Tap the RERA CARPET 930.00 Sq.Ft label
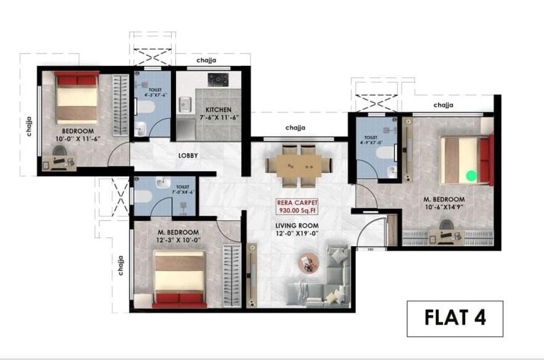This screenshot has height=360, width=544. point(296,207)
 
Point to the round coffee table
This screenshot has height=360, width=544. point(311,263)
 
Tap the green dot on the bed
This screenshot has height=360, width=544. point(470,174)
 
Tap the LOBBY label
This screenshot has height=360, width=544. point(188,155)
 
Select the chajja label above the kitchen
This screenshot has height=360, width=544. point(207,61)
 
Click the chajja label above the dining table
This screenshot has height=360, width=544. point(296,128)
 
